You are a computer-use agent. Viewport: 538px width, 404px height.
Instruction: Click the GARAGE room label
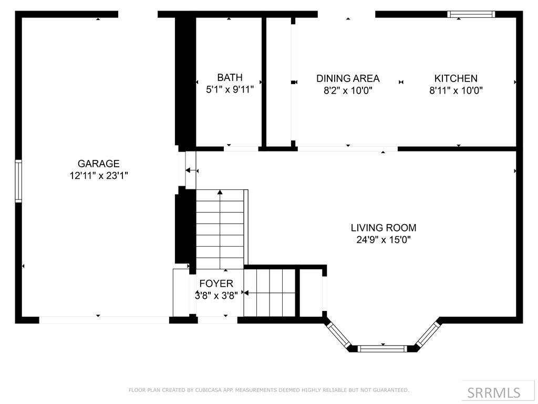[98, 164]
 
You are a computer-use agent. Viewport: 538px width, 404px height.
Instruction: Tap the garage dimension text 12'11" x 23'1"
[98, 176]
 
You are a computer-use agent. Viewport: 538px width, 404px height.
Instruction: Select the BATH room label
[230, 78]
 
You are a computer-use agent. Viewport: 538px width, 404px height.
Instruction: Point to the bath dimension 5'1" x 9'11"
[230, 90]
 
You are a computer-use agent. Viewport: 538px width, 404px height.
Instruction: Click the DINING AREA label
[348, 78]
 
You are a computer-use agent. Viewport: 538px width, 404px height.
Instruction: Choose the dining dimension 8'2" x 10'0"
[348, 90]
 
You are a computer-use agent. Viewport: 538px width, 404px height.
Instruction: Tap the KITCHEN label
[456, 78]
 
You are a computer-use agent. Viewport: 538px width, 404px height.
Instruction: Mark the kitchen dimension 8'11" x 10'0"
[456, 90]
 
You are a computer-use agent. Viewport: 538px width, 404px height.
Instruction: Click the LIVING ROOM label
[384, 228]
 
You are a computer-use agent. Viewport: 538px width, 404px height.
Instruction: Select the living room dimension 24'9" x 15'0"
[384, 240]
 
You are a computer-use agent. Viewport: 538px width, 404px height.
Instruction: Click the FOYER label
[216, 284]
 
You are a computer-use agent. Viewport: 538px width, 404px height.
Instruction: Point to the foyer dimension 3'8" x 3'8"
[216, 295]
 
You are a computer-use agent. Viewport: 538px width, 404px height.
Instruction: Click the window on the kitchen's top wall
[471, 14]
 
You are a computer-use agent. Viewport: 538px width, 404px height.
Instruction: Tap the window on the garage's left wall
[18, 181]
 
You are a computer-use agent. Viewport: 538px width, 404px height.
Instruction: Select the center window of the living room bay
[383, 348]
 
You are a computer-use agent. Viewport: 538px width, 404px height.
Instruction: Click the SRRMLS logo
[493, 392]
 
